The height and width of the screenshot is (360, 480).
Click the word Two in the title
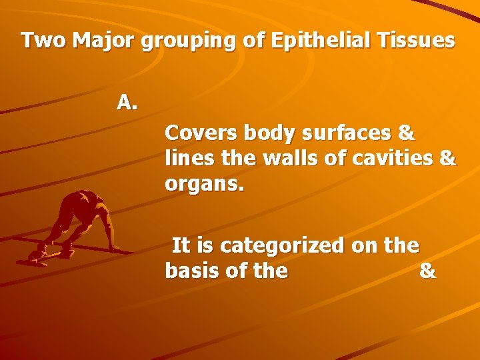pyautogui.click(x=44, y=41)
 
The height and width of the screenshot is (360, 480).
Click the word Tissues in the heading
pyautogui.click(x=414, y=41)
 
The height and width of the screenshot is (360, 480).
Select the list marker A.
pyautogui.click(x=127, y=102)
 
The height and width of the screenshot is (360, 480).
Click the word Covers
pyautogui.click(x=201, y=133)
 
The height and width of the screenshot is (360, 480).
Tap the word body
pyautogui.click(x=270, y=134)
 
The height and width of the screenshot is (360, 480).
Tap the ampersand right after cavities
pyautogui.click(x=449, y=159)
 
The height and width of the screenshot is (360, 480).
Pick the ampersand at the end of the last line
pyautogui.click(x=428, y=271)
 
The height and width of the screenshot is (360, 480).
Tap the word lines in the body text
pyautogui.click(x=189, y=159)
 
